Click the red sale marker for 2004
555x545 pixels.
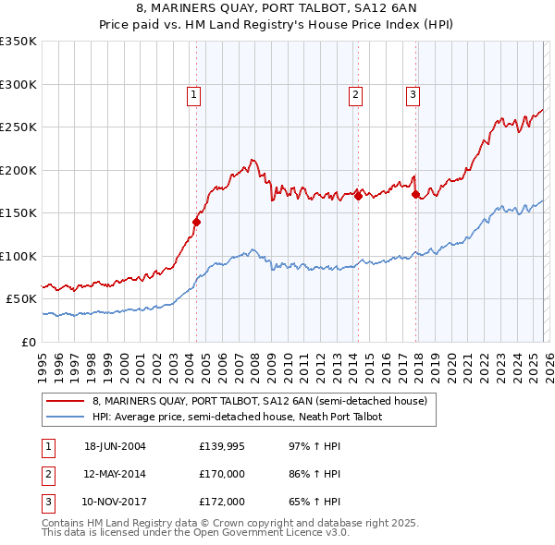pyautogui.click(x=196, y=222)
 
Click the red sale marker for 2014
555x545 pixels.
pyautogui.click(x=358, y=196)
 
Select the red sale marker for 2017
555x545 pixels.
pyautogui.click(x=415, y=194)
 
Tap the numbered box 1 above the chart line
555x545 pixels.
pyautogui.click(x=194, y=93)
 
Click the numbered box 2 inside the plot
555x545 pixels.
pyautogui.click(x=356, y=93)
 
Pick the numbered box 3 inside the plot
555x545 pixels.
pyautogui.click(x=413, y=93)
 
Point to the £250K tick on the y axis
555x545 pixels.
pyautogui.click(x=18, y=127)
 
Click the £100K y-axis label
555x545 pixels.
pyautogui.click(x=18, y=256)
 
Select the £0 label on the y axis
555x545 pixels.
pyautogui.click(x=29, y=342)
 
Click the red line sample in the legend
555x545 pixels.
pyautogui.click(x=66, y=402)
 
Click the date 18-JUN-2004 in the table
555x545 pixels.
pyautogui.click(x=115, y=446)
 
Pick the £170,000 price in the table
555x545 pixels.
pyautogui.click(x=222, y=474)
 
